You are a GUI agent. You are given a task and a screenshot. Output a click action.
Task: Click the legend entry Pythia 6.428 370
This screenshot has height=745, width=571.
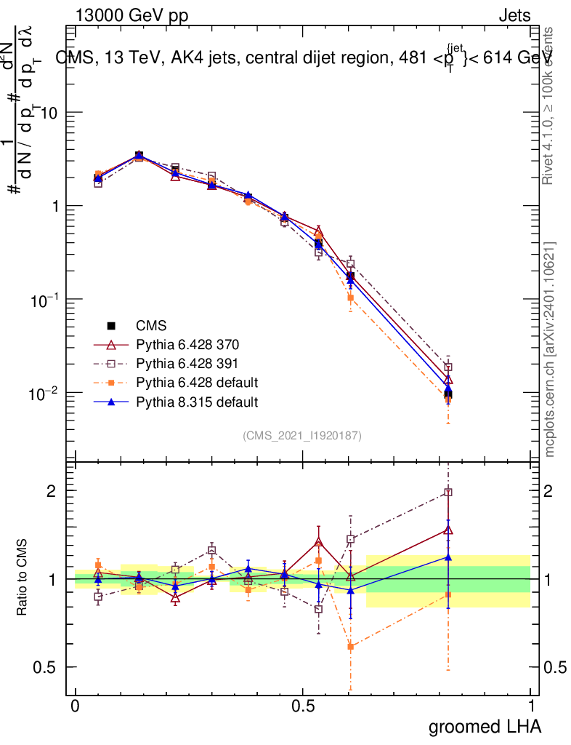(x=178, y=344)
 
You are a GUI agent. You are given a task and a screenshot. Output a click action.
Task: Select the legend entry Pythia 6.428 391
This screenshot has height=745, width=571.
(x=178, y=363)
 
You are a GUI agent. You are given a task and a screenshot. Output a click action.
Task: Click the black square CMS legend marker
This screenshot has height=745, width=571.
(x=111, y=325)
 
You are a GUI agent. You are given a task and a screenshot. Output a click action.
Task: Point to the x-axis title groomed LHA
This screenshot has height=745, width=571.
(x=485, y=726)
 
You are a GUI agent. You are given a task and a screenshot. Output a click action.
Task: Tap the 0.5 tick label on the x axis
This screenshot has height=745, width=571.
(x=303, y=706)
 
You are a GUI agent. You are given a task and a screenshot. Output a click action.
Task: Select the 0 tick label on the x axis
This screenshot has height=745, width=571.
(x=76, y=706)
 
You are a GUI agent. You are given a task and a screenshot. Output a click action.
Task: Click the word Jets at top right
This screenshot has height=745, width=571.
(x=514, y=16)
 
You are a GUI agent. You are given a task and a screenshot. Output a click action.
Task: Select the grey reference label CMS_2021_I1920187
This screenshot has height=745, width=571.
(x=301, y=436)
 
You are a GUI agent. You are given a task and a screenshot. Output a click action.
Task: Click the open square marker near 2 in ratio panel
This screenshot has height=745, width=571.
(x=448, y=493)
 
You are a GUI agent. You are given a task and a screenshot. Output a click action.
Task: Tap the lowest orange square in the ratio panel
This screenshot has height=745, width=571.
(x=351, y=646)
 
